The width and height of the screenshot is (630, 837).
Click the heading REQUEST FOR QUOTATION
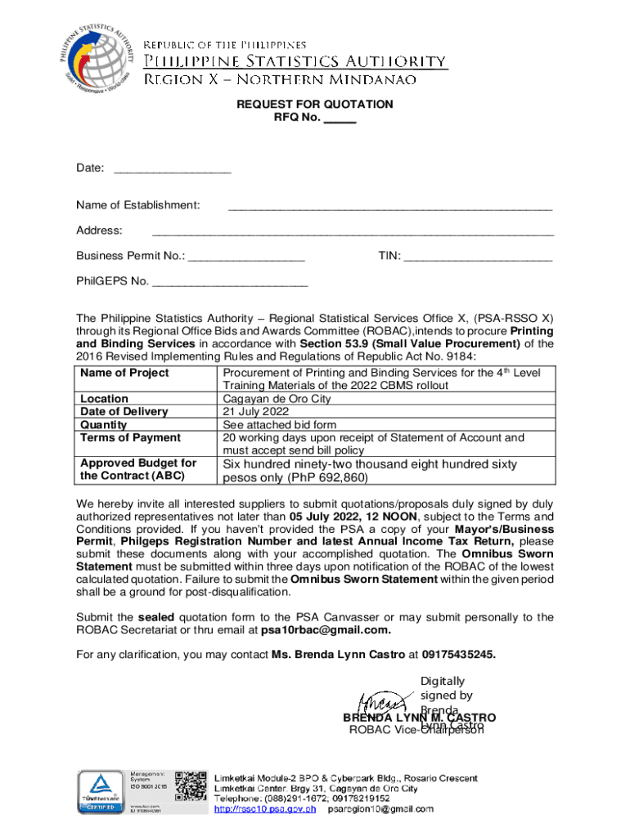(x=315, y=105)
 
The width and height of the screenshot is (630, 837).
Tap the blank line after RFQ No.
(x=340, y=119)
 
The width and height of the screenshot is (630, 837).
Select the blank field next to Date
(x=172, y=169)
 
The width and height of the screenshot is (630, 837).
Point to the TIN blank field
(x=478, y=257)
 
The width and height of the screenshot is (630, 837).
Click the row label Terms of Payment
(x=119, y=438)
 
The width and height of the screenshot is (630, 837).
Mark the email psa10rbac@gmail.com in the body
(x=326, y=630)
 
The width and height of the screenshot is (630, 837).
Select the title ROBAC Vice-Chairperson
(x=416, y=730)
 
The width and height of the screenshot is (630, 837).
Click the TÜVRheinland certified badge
(x=101, y=792)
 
